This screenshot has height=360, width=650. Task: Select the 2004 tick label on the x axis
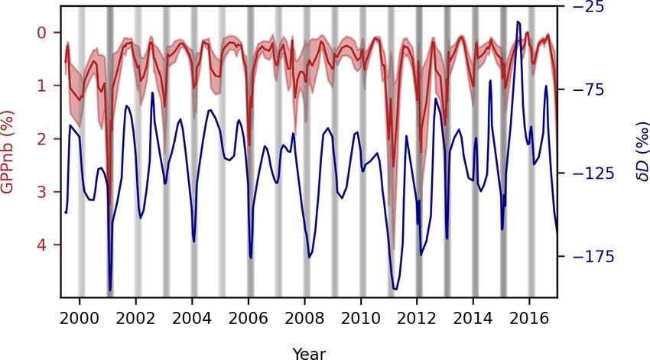pos(192,316)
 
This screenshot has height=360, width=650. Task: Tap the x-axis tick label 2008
pos(304,316)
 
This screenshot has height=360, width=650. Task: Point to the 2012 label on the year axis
pos(417,316)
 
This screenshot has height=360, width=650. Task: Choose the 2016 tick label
pos(529,316)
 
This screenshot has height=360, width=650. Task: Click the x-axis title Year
pos(309,352)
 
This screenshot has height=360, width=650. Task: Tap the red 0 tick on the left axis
pos(43,32)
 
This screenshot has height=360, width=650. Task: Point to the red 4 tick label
pos(43,245)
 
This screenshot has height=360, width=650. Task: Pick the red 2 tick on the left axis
pos(43,138)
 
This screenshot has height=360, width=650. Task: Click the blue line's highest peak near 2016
pos(518,22)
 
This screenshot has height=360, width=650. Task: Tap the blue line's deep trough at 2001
pos(110,290)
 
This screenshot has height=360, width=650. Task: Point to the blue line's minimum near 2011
pos(395,289)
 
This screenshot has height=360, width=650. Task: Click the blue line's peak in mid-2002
pos(152,92)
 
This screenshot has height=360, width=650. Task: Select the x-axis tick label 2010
pos(360,316)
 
